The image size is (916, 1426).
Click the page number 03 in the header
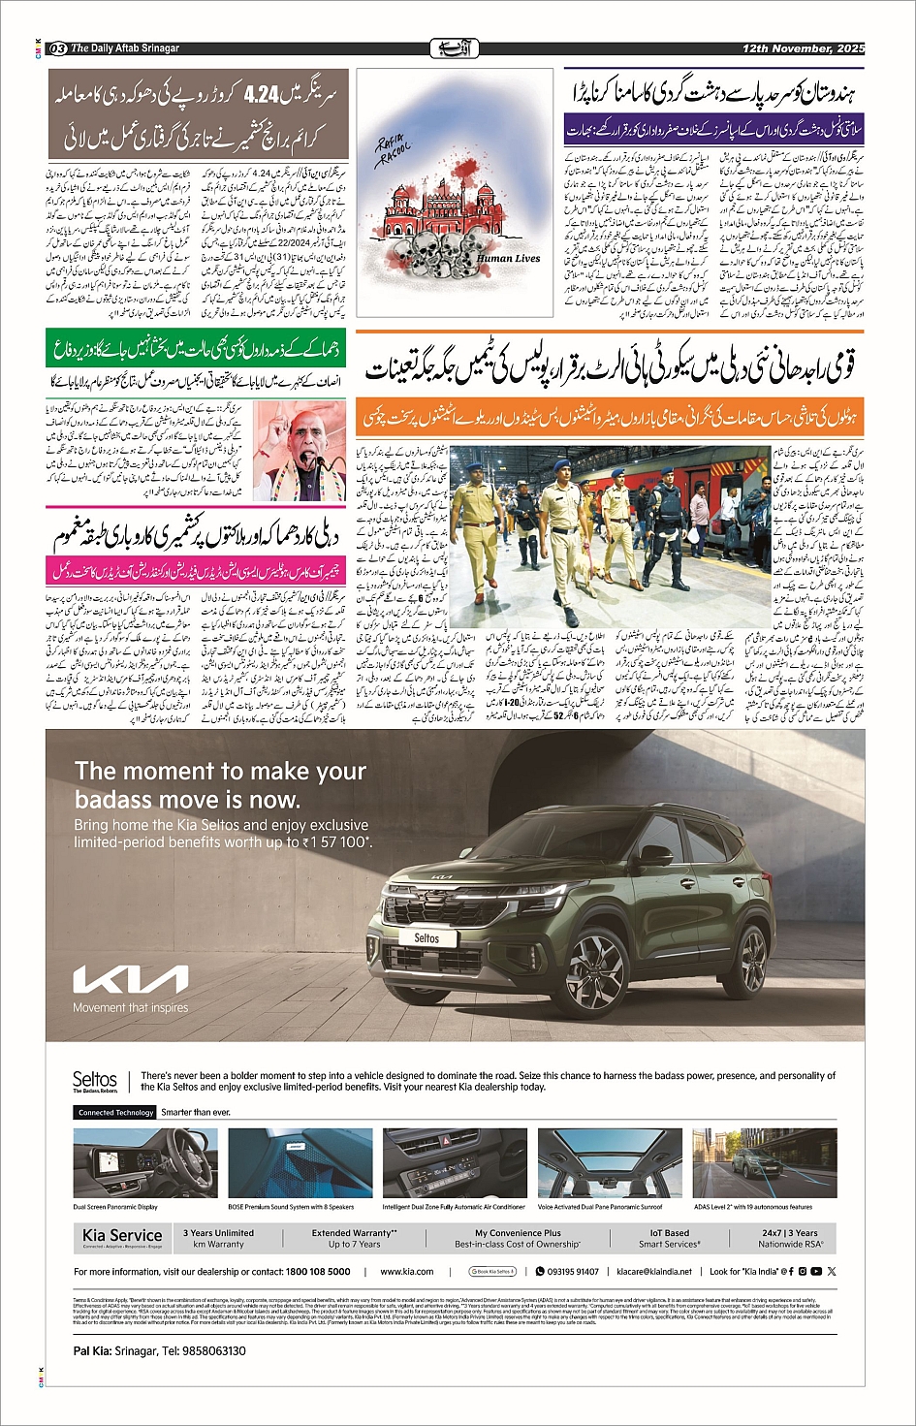[x=57, y=48]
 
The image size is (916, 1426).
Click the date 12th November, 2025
[x=803, y=48]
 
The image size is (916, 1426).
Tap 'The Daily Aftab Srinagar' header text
[x=125, y=48]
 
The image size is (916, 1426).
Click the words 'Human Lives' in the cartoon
[x=508, y=259]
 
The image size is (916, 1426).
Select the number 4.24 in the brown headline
[x=262, y=94]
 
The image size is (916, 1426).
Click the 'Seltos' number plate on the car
[x=426, y=938]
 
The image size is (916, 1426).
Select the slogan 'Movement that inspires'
[x=131, y=1008]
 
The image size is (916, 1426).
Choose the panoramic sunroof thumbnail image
[x=601, y=1163]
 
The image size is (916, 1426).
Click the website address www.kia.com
[x=407, y=1271]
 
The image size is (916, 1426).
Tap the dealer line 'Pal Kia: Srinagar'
[x=159, y=1350]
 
